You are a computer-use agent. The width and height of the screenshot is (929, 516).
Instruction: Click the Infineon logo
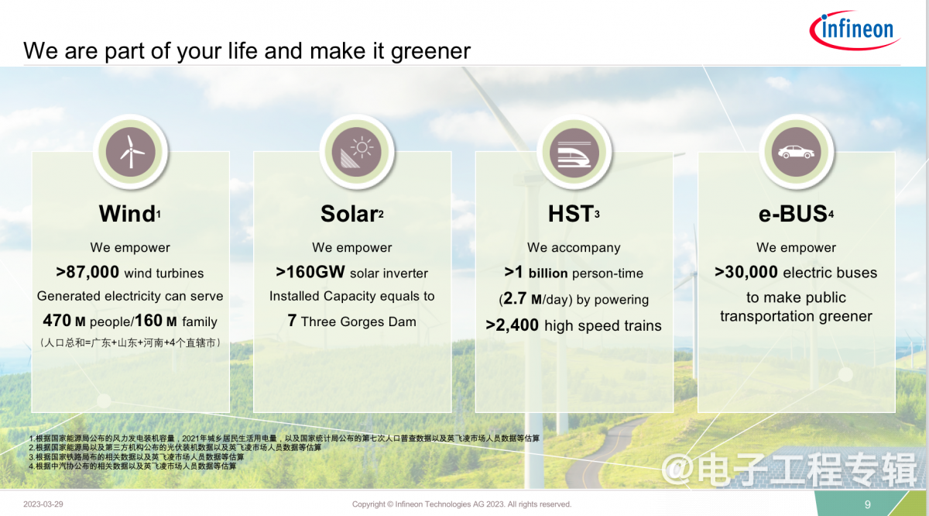855,30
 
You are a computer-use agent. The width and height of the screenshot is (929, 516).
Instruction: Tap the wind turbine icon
131,152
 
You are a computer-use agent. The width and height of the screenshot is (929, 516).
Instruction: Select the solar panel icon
357,152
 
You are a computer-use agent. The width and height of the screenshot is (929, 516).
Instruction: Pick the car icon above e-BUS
796,152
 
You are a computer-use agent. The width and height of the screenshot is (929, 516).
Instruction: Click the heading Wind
127,214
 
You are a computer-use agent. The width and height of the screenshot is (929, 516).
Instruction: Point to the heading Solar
349,214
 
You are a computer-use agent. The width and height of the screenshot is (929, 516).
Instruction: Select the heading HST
571,214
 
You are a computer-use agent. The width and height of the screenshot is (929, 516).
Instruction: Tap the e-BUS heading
793,214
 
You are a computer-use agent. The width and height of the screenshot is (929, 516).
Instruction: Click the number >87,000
87,272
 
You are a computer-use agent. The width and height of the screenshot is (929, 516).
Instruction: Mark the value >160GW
310,272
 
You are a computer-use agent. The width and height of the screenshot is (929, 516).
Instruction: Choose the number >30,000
746,272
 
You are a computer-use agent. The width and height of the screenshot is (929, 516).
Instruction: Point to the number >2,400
512,325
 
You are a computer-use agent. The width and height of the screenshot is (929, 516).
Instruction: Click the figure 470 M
64,321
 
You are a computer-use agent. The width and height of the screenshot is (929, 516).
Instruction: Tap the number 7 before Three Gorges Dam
292,321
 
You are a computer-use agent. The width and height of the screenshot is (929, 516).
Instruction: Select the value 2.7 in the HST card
515,298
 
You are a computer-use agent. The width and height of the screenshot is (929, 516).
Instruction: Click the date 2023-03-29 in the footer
43,504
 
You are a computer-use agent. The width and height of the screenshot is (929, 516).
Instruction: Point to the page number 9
868,504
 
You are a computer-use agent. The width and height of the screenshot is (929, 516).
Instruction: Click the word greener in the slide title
430,52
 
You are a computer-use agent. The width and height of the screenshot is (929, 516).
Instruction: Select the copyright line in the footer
461,504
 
